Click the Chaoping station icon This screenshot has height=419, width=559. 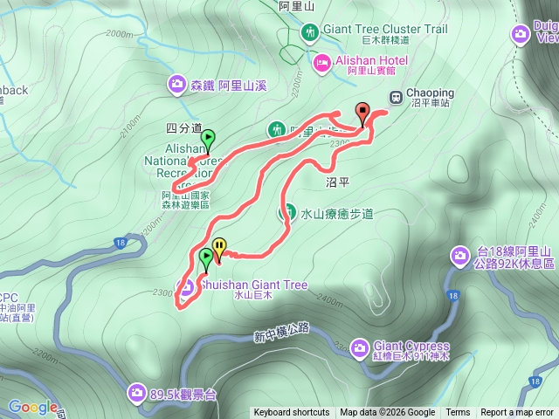point(396,96)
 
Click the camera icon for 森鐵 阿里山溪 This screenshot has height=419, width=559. point(176,84)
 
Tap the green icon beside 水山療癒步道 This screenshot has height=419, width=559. point(286,211)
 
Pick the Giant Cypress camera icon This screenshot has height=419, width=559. point(359,348)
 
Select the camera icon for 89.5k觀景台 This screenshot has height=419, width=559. point(137,393)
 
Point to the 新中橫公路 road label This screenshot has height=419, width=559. point(282,332)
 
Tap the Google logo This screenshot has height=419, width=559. point(32,407)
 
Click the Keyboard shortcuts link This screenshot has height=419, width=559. point(292,413)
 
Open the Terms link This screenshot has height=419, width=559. point(458,413)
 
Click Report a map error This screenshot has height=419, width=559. point(517,413)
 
